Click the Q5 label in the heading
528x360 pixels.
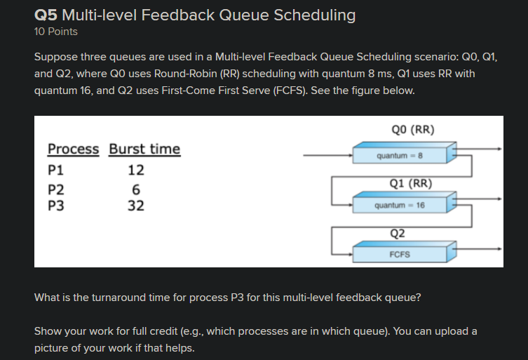(x=46, y=15)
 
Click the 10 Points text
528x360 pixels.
(x=56, y=32)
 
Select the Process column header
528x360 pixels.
(x=73, y=149)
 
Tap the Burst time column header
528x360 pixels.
(x=144, y=149)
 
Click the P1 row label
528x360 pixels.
(x=55, y=169)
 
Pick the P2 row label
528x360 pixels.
(x=55, y=189)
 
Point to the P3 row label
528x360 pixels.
(x=55, y=206)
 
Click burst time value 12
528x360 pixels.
(x=136, y=169)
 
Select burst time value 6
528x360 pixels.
(x=136, y=189)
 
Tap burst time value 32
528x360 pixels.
(x=136, y=206)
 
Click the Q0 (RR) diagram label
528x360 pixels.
(x=414, y=129)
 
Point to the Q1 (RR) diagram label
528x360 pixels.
(x=410, y=184)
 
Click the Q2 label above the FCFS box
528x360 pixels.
(x=398, y=233)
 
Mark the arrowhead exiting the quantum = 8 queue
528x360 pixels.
(x=499, y=149)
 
